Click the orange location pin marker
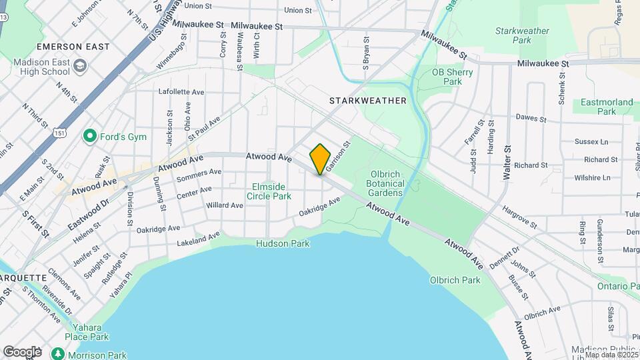(320, 159)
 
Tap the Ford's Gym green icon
(89, 137)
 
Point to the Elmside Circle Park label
(269, 191)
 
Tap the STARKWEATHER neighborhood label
(367, 101)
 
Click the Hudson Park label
(283, 244)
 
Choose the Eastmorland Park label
(607, 107)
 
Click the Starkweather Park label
(522, 35)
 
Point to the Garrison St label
(338, 154)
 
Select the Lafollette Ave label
(181, 92)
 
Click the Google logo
(22, 351)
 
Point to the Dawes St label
(531, 119)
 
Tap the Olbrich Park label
(455, 280)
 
